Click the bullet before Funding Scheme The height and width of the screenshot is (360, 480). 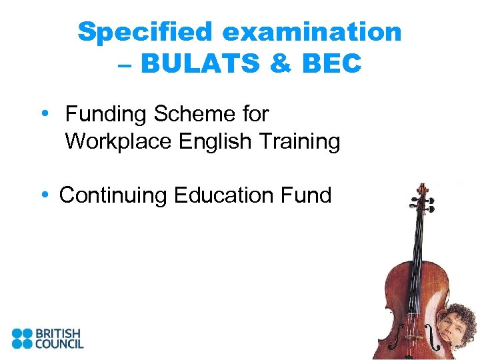point(44,114)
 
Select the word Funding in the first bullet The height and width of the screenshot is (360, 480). point(106,114)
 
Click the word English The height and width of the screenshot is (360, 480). point(219,141)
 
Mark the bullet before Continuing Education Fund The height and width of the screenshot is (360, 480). point(44,195)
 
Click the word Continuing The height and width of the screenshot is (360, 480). point(113,195)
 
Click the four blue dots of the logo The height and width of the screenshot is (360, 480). point(21,338)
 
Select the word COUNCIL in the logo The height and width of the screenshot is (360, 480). point(59,344)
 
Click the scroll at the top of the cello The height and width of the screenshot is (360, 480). point(421,194)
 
